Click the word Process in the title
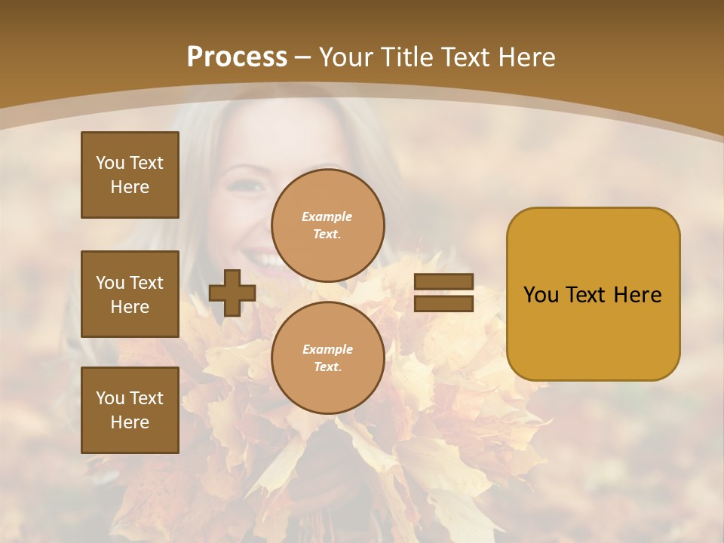pyautogui.click(x=237, y=57)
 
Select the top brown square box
pyautogui.click(x=130, y=175)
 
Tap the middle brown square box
pyautogui.click(x=130, y=294)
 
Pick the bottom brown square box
pyautogui.click(x=130, y=410)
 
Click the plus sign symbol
pyautogui.click(x=232, y=293)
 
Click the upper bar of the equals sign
pyautogui.click(x=444, y=282)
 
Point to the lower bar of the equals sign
pyautogui.click(x=444, y=303)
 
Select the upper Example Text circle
pyautogui.click(x=327, y=225)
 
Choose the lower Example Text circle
pyautogui.click(x=327, y=357)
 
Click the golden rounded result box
pyautogui.click(x=593, y=294)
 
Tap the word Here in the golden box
pyautogui.click(x=637, y=295)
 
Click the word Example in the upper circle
pyautogui.click(x=327, y=216)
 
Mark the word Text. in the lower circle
pyautogui.click(x=327, y=367)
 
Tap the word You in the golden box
pyautogui.click(x=542, y=295)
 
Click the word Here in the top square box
pyautogui.click(x=130, y=187)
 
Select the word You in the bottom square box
pyautogui.click(x=110, y=398)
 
